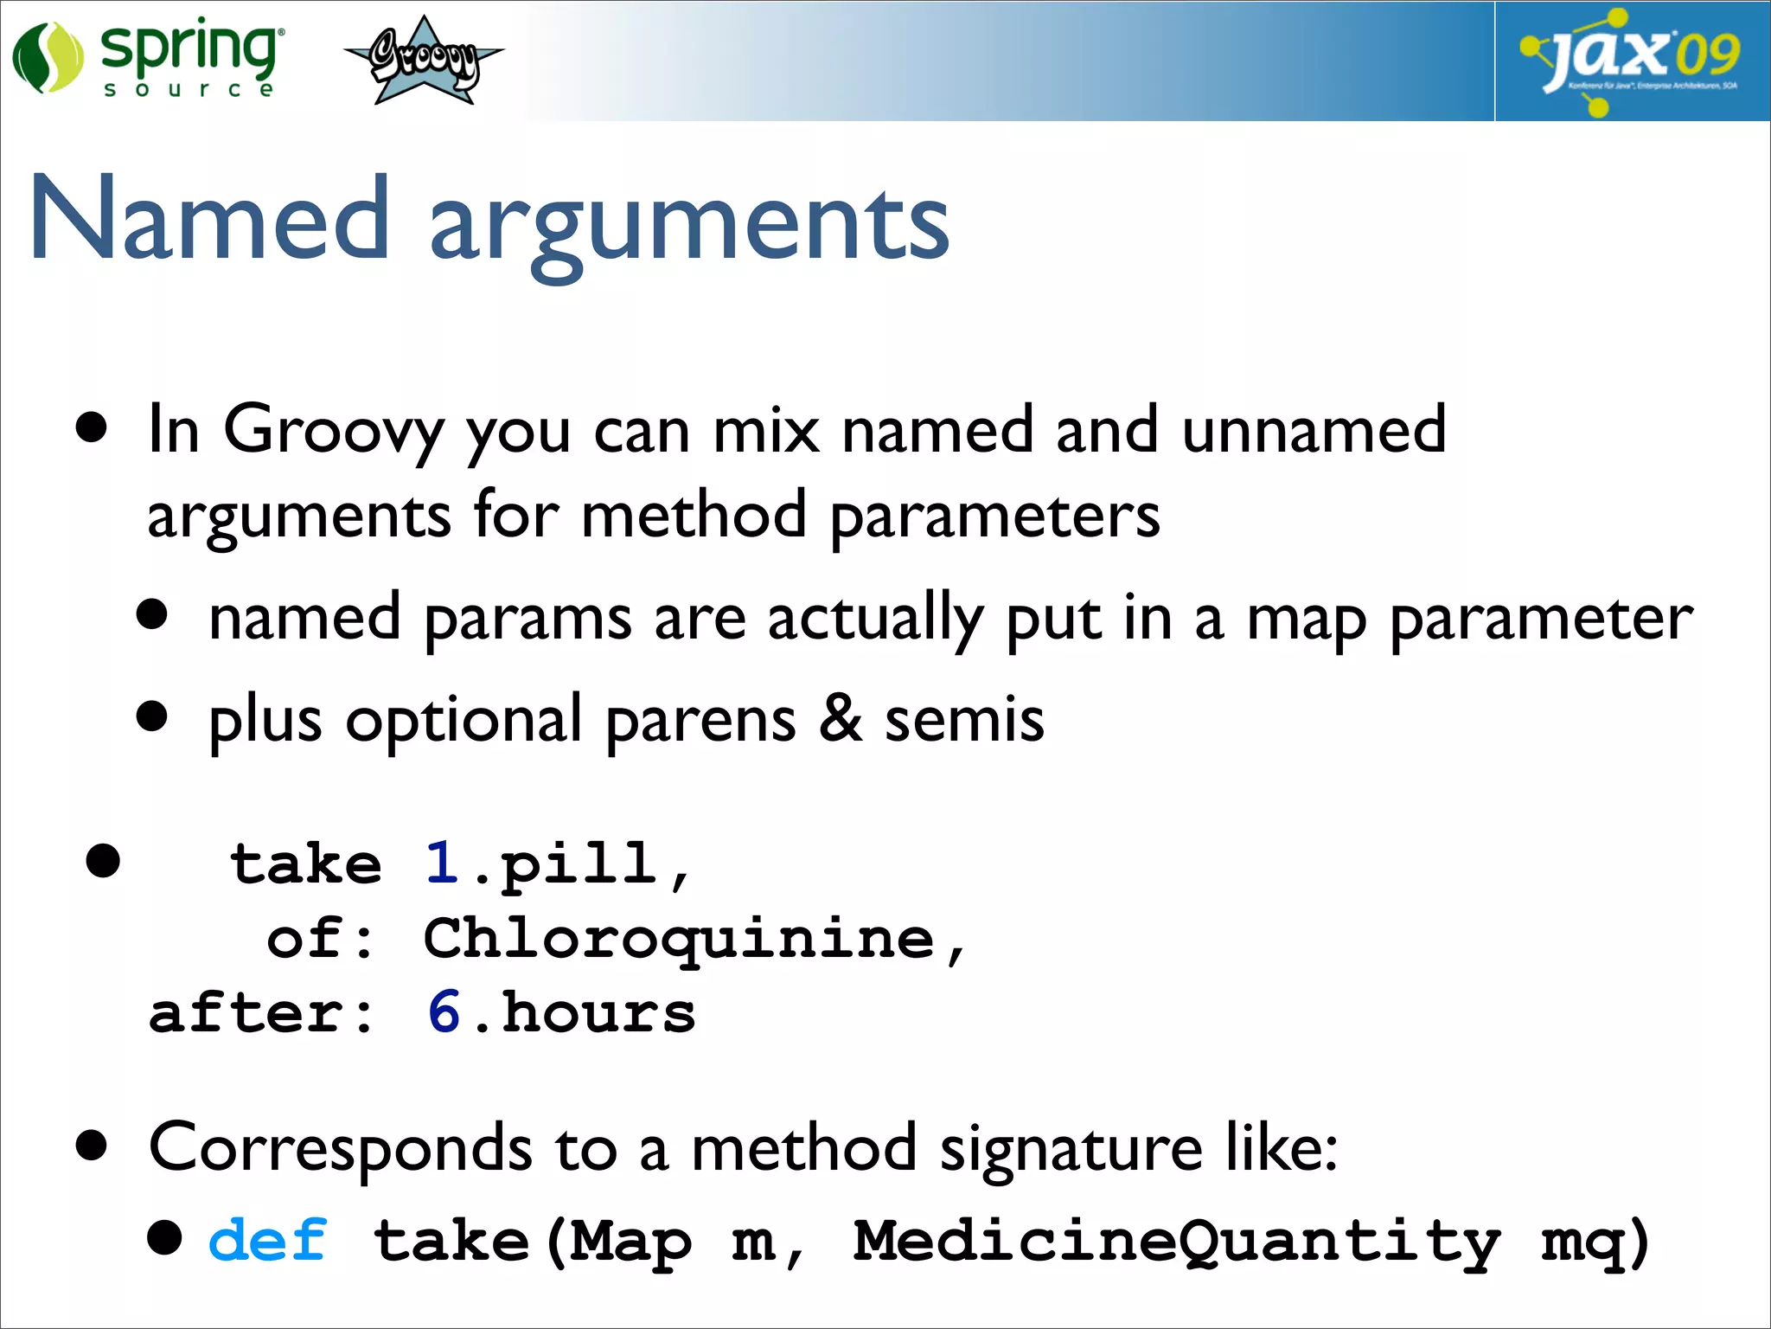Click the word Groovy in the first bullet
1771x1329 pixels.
point(334,430)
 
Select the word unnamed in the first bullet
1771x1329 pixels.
point(1313,429)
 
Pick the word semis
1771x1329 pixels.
point(964,720)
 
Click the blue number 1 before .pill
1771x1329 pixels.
point(442,863)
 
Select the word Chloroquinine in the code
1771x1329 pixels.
point(679,939)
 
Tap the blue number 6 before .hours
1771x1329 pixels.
point(444,1011)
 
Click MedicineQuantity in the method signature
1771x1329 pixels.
point(1176,1242)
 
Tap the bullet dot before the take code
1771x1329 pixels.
point(103,861)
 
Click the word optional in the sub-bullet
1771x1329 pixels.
point(464,720)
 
